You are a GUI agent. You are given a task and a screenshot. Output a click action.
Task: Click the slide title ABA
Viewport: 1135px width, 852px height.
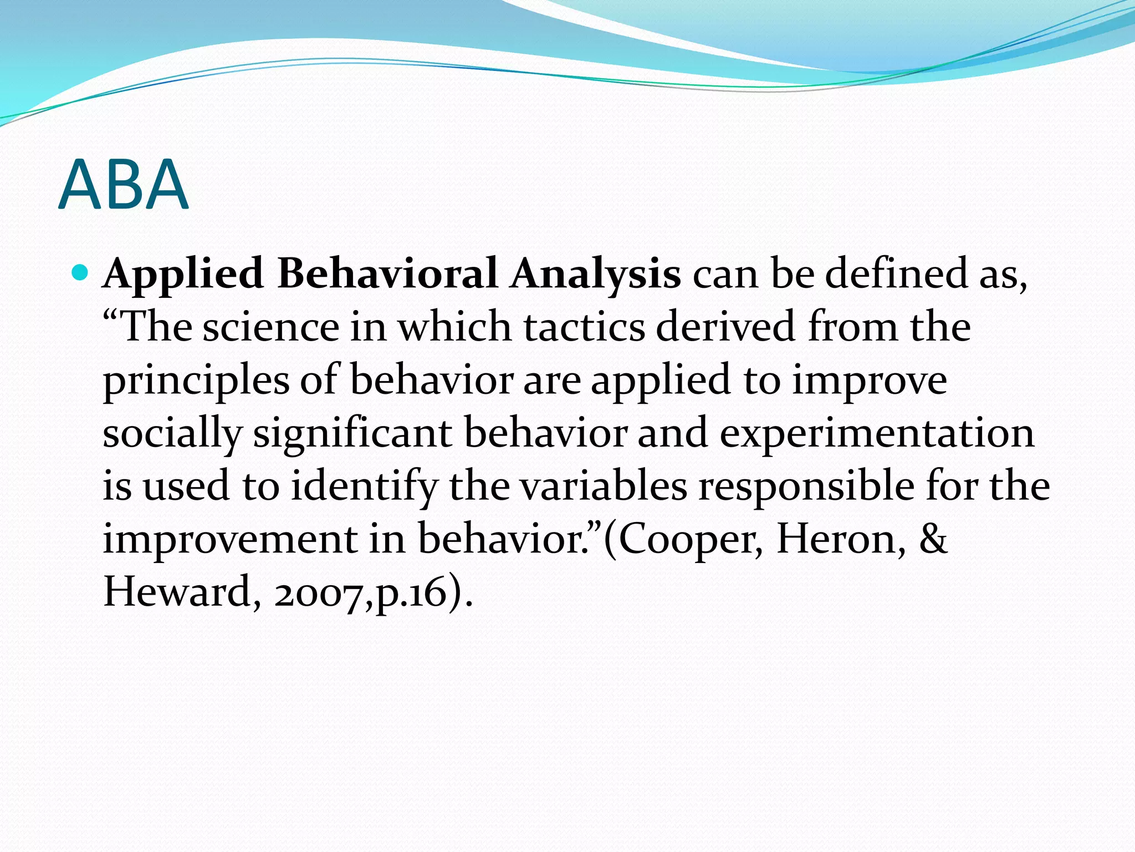pyautogui.click(x=123, y=185)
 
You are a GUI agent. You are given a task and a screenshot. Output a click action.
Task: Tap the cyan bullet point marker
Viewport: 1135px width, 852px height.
pyautogui.click(x=80, y=273)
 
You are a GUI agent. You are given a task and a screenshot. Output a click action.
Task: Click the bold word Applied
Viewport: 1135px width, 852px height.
pyautogui.click(x=183, y=275)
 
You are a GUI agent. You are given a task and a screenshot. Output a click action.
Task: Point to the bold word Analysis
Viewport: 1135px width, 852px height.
pyautogui.click(x=595, y=275)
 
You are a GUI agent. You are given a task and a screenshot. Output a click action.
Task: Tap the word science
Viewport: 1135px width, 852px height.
pyautogui.click(x=270, y=327)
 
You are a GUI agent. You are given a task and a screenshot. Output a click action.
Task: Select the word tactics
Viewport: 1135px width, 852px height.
pyautogui.click(x=584, y=327)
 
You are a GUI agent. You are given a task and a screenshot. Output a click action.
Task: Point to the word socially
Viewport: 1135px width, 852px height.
pyautogui.click(x=172, y=434)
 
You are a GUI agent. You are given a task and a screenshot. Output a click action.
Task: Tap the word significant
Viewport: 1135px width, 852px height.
pyautogui.click(x=352, y=434)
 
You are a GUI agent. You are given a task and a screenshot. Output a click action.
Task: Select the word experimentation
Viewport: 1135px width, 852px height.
pyautogui.click(x=877, y=434)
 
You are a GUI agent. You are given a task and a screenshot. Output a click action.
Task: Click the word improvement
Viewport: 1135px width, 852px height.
pyautogui.click(x=230, y=540)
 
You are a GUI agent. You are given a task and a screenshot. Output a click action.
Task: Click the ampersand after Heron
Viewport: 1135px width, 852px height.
pyautogui.click(x=933, y=539)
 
